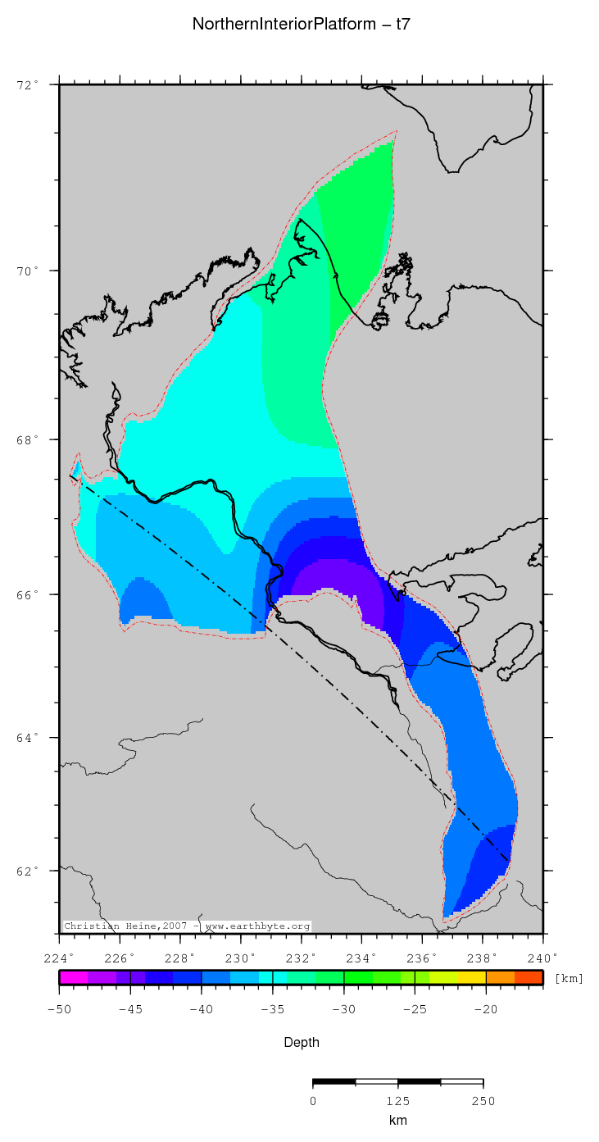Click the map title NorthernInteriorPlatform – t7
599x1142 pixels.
tap(301, 25)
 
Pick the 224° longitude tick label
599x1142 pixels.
tap(60, 957)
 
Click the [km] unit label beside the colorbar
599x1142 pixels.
tap(569, 978)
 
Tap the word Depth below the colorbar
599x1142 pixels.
tap(301, 1043)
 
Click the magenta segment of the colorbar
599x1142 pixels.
tap(74, 977)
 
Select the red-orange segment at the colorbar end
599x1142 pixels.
tap(529, 977)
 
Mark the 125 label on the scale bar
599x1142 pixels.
tap(397, 1101)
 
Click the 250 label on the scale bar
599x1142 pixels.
tap(483, 1101)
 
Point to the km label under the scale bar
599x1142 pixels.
tap(397, 1121)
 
